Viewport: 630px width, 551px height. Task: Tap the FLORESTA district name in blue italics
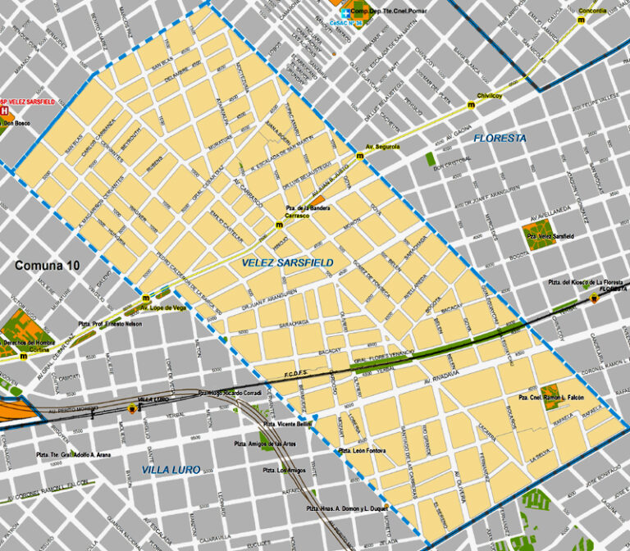(x=500, y=139)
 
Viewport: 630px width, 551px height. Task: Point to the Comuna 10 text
(x=48, y=266)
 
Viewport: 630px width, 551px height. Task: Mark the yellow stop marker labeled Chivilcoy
(x=471, y=106)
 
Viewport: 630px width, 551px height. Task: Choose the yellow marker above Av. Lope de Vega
(x=146, y=298)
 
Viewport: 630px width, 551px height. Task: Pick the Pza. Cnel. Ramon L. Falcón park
(x=550, y=397)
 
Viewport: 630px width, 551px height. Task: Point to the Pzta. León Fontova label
(x=363, y=451)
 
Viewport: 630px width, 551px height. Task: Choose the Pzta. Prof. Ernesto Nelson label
(x=110, y=325)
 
